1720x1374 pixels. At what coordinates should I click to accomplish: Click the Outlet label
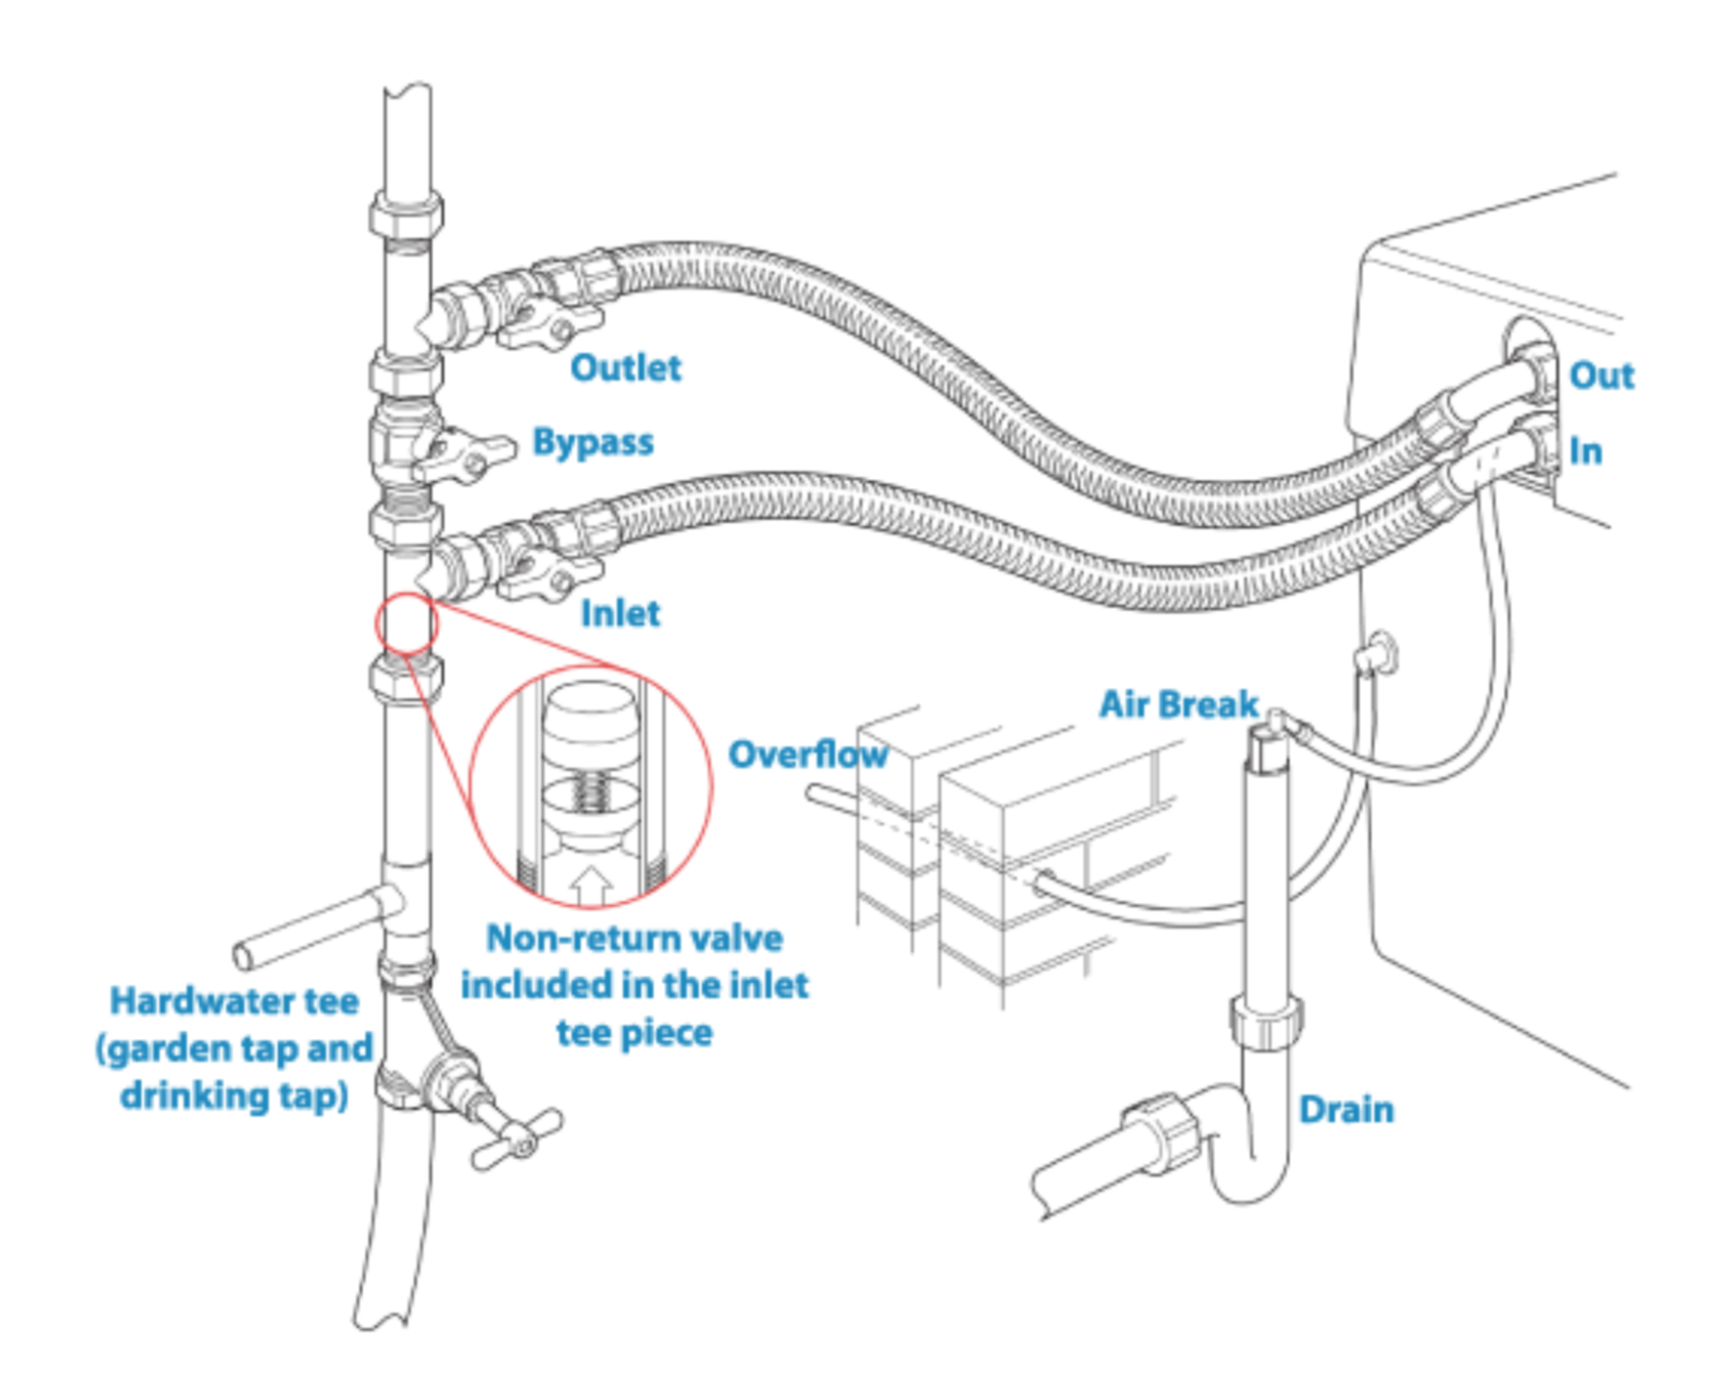pos(625,368)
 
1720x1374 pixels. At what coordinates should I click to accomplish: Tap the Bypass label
pos(593,442)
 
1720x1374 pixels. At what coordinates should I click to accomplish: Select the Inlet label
pos(619,613)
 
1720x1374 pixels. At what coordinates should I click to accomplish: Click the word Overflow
pos(807,755)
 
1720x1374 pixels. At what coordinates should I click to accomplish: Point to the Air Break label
pos(1179,705)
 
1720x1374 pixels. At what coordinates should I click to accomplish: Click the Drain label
pos(1345,1110)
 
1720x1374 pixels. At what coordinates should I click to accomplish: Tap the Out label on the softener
pos(1601,376)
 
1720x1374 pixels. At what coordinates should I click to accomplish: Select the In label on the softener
pos(1585,451)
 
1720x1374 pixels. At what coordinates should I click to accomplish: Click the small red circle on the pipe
pos(405,624)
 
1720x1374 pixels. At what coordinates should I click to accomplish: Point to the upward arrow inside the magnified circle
pos(592,884)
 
